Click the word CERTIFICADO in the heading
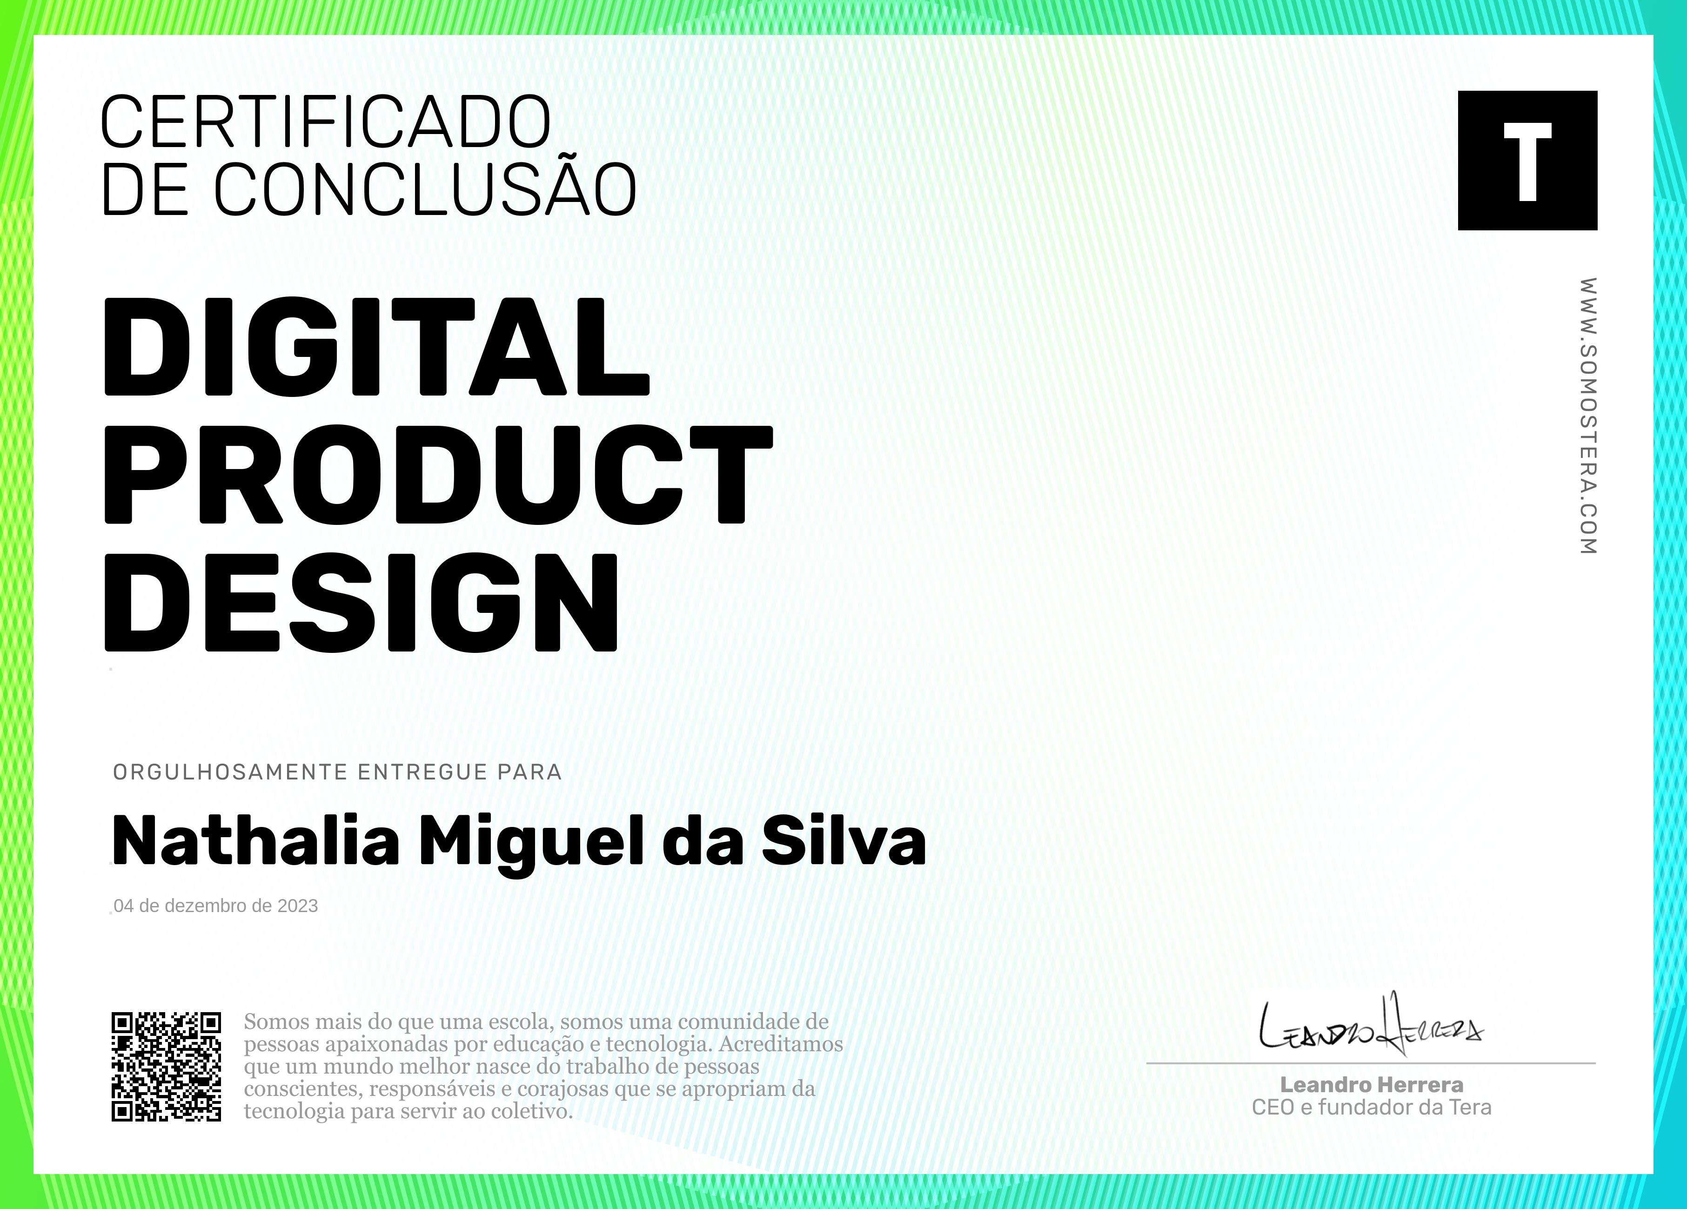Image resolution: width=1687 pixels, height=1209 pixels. point(325,121)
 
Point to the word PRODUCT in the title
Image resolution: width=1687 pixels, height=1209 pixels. point(438,475)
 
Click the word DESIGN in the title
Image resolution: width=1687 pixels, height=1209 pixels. point(361,603)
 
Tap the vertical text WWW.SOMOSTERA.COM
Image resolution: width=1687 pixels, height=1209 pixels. point(1588,416)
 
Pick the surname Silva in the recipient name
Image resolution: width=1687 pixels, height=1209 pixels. point(843,841)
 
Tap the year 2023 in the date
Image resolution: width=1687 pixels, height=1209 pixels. point(298,906)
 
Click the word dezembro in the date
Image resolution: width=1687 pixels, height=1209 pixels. point(206,906)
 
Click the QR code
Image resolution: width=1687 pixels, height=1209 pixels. point(167,1066)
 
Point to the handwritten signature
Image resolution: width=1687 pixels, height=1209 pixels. point(1371,1025)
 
